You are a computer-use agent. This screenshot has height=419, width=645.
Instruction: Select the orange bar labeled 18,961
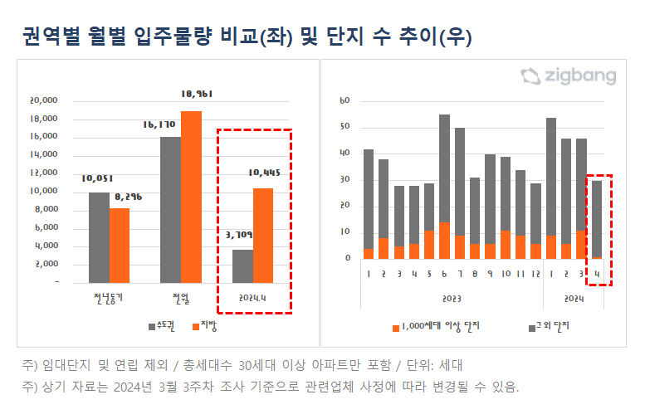[x=191, y=197]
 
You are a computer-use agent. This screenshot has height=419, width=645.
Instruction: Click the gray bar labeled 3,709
[x=242, y=266]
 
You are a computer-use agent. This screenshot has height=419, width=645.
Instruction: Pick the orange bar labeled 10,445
[x=263, y=235]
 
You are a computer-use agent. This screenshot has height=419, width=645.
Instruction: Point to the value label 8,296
[x=120, y=196]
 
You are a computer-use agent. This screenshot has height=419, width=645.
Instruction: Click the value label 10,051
[x=98, y=178]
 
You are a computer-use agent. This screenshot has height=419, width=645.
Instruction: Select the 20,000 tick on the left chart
[x=43, y=100]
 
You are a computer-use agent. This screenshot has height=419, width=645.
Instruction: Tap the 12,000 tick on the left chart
[x=43, y=173]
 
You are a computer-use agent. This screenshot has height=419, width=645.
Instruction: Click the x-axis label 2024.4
[x=252, y=296]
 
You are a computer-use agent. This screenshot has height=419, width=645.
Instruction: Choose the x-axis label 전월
[x=180, y=296]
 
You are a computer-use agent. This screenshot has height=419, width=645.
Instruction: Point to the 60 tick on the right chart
[x=345, y=100]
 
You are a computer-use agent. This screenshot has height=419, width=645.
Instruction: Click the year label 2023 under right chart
[x=451, y=298]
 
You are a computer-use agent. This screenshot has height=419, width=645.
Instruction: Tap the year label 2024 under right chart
[x=574, y=298]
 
